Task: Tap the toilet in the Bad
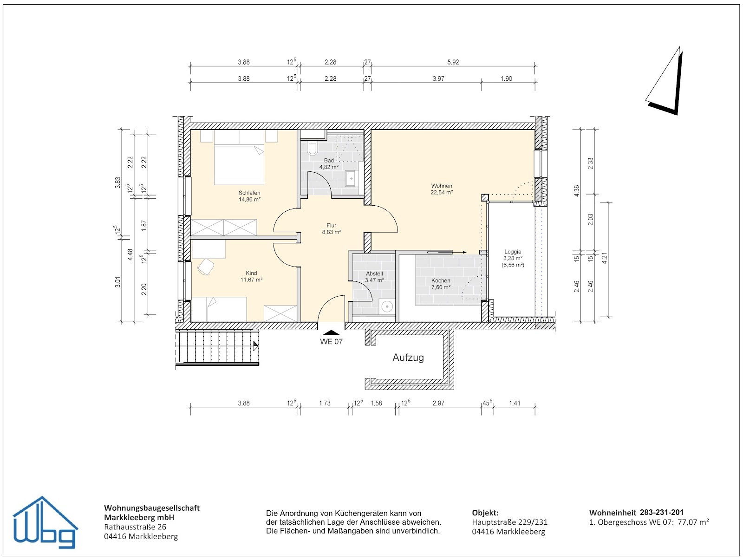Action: click(x=312, y=149)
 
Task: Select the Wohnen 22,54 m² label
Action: click(x=442, y=189)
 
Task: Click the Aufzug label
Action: click(x=408, y=358)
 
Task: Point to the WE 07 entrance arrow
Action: click(x=331, y=332)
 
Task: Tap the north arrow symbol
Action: click(x=665, y=81)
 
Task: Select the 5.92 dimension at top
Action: click(x=453, y=62)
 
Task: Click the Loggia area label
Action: click(x=513, y=258)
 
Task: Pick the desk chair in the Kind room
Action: click(x=206, y=267)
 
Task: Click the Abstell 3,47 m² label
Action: click(x=374, y=277)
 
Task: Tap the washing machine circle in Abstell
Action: click(x=386, y=306)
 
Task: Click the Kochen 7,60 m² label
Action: click(x=441, y=284)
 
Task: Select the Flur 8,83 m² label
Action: click(x=332, y=228)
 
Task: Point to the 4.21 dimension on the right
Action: click(x=604, y=258)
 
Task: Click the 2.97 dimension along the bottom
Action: click(x=438, y=403)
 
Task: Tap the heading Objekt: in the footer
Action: click(x=485, y=513)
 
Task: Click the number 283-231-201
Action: click(x=662, y=513)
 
